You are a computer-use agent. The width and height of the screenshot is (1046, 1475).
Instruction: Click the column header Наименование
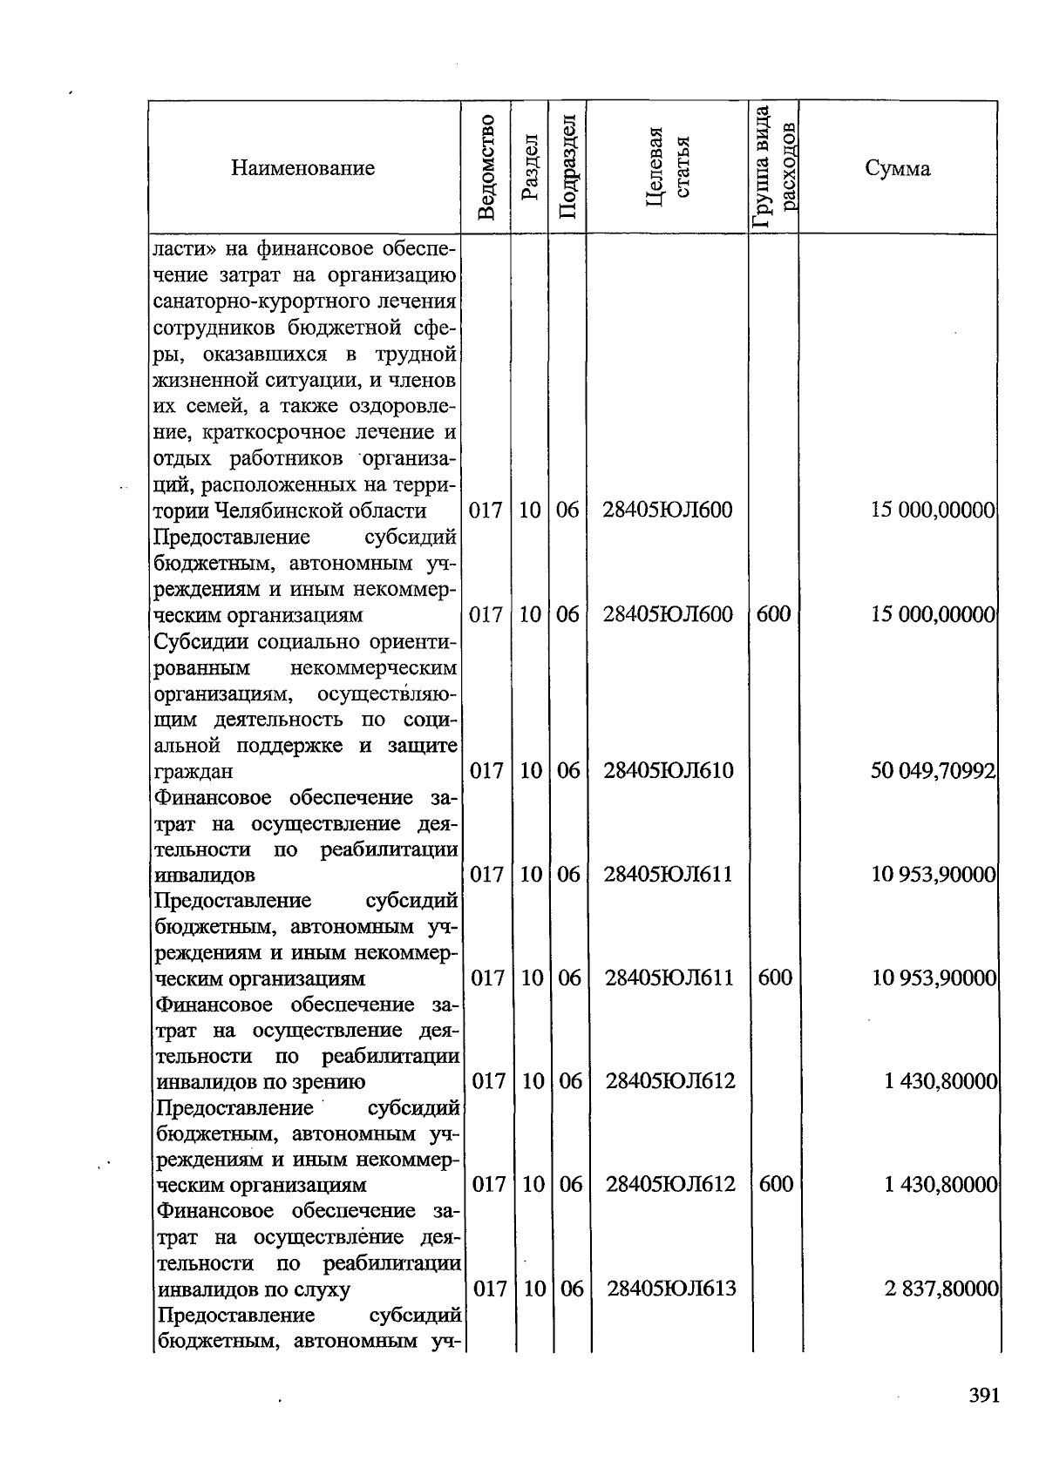[x=302, y=168]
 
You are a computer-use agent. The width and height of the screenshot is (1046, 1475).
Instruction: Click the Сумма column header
[x=897, y=168]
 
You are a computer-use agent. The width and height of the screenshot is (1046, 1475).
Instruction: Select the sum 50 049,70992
[x=933, y=770]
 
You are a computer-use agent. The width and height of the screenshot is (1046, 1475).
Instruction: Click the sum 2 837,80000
[x=941, y=1288]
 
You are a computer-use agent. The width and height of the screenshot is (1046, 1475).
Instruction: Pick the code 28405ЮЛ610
[x=669, y=770]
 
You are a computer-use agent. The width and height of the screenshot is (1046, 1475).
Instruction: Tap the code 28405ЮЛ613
[x=671, y=1288]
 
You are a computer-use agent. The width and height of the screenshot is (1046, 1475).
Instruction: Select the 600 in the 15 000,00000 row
[x=773, y=614]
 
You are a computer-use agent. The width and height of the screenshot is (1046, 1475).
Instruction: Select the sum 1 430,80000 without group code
[x=940, y=1081]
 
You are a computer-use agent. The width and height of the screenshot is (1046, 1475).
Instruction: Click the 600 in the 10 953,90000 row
[x=775, y=978]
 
